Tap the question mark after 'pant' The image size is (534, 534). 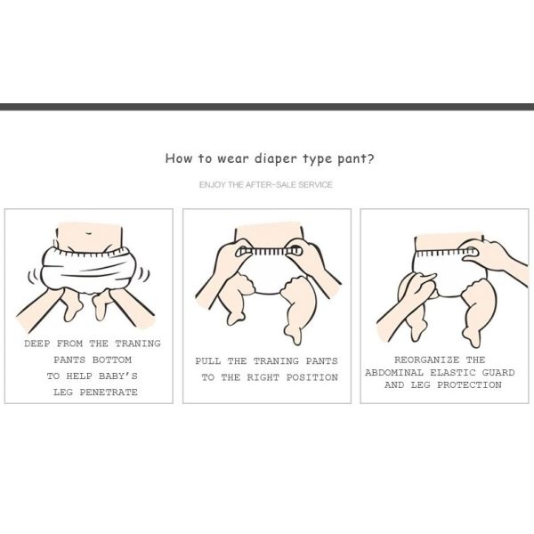[370, 158]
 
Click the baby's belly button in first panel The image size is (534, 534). [88, 233]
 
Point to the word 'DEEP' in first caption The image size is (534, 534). [36, 344]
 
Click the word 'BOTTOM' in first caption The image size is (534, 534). [112, 360]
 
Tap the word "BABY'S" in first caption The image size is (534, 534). [118, 376]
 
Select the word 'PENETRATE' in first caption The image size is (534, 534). [109, 392]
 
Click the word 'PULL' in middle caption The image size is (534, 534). [207, 361]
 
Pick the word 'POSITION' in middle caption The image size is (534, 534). [312, 377]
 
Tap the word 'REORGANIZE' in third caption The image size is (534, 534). [426, 360]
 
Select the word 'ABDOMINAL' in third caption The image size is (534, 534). [394, 372]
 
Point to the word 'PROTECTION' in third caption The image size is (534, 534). [469, 384]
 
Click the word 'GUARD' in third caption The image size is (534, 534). [498, 372]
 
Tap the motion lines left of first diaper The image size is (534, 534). [35, 277]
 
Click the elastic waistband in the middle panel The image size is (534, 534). [269, 251]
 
